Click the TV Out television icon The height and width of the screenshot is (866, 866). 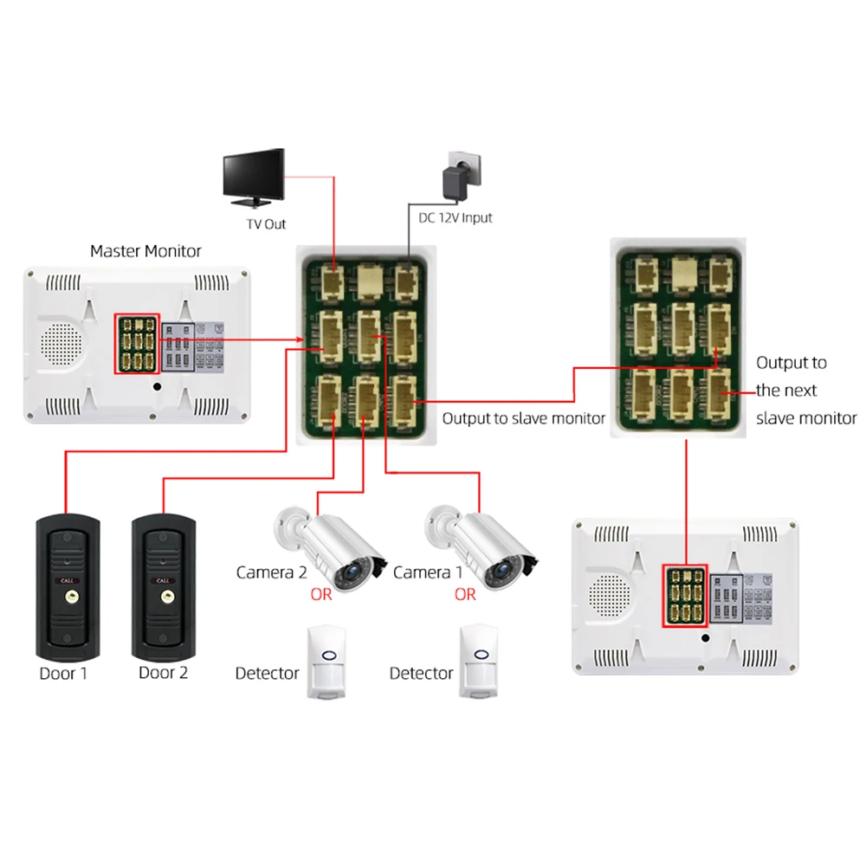coord(254,177)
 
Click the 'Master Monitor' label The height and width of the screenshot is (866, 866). coord(145,251)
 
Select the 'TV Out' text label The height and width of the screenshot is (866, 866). coord(265,224)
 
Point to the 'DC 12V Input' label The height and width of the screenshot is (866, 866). coord(456,217)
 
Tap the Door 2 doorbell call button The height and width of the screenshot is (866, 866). coord(165,596)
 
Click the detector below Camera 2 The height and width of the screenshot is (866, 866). coord(326,662)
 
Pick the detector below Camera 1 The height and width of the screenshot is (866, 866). coord(479,662)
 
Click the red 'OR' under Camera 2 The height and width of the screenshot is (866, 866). coord(321,595)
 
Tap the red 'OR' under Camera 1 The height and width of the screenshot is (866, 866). coord(465,595)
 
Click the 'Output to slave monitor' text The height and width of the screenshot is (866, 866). coord(524,418)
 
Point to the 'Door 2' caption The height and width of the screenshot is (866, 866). coord(164,673)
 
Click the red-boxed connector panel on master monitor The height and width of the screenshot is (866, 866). coord(137,344)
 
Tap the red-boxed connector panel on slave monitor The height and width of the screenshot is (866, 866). coord(685,597)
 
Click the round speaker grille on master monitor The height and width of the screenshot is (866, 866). coord(60,344)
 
